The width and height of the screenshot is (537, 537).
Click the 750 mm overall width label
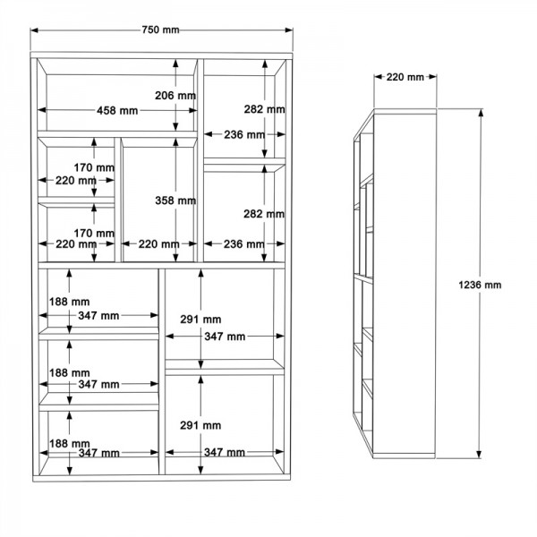point(160,30)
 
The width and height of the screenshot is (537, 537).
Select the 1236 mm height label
point(480,285)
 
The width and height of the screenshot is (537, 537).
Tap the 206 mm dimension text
point(175,96)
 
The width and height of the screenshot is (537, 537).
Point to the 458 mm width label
point(117,111)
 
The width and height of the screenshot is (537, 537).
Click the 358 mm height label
point(175,200)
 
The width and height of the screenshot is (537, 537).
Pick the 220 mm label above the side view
point(405,77)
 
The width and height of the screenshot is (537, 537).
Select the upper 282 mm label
point(264,109)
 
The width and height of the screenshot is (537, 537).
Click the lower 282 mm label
point(264,214)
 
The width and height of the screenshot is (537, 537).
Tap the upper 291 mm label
point(200,320)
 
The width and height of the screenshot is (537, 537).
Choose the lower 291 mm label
point(200,425)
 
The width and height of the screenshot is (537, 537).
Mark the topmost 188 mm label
point(70,302)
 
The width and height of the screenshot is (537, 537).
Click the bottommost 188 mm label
point(70,444)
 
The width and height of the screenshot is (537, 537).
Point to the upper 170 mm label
point(94,167)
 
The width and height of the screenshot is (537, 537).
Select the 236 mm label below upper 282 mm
point(244,134)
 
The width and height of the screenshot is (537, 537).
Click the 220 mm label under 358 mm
point(159,244)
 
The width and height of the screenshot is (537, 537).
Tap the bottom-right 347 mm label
point(225,452)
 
